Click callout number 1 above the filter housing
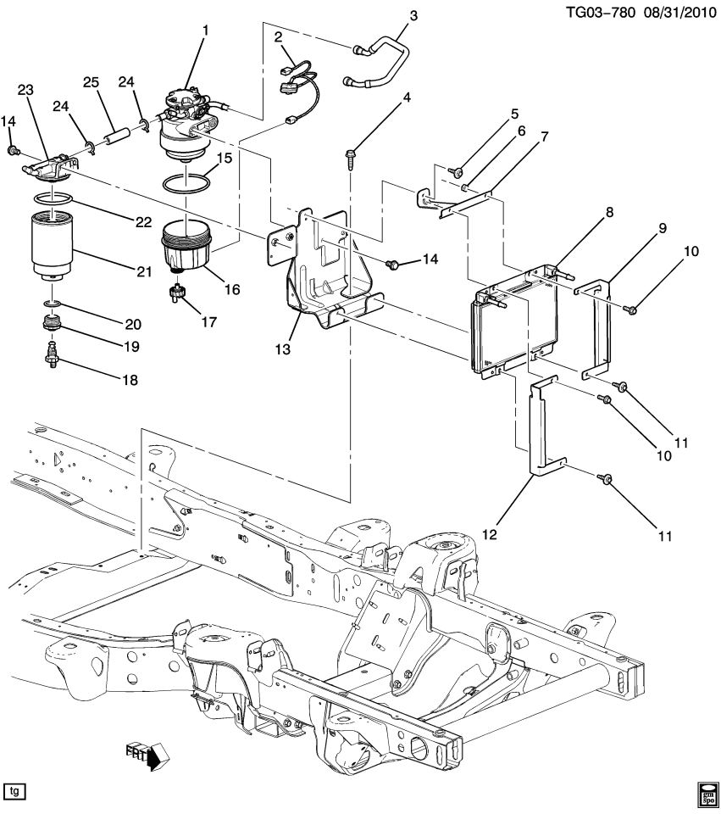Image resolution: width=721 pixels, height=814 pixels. [204, 31]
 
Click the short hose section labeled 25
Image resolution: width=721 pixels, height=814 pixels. [118, 137]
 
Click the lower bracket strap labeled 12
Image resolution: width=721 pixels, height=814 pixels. [542, 424]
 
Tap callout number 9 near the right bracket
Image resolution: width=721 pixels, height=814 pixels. [661, 228]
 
